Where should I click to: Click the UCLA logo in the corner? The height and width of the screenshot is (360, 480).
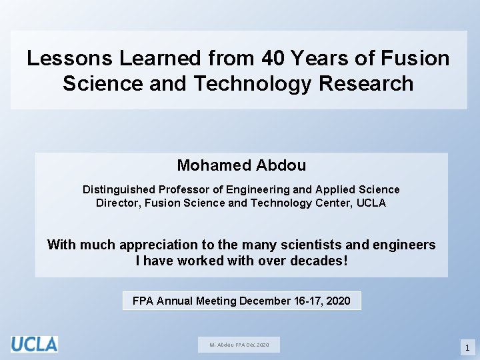click(x=34, y=344)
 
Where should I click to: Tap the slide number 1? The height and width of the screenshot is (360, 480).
click(x=467, y=347)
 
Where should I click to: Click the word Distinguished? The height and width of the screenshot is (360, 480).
click(x=118, y=190)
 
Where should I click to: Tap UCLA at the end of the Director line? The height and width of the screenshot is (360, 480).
click(x=371, y=203)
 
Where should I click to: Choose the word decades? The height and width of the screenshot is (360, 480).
click(x=319, y=261)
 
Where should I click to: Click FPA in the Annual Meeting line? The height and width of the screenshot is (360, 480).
click(x=143, y=301)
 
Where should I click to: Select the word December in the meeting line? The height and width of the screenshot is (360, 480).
click(x=265, y=301)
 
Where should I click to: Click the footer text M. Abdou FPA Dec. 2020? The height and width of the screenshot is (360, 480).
click(x=239, y=345)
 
